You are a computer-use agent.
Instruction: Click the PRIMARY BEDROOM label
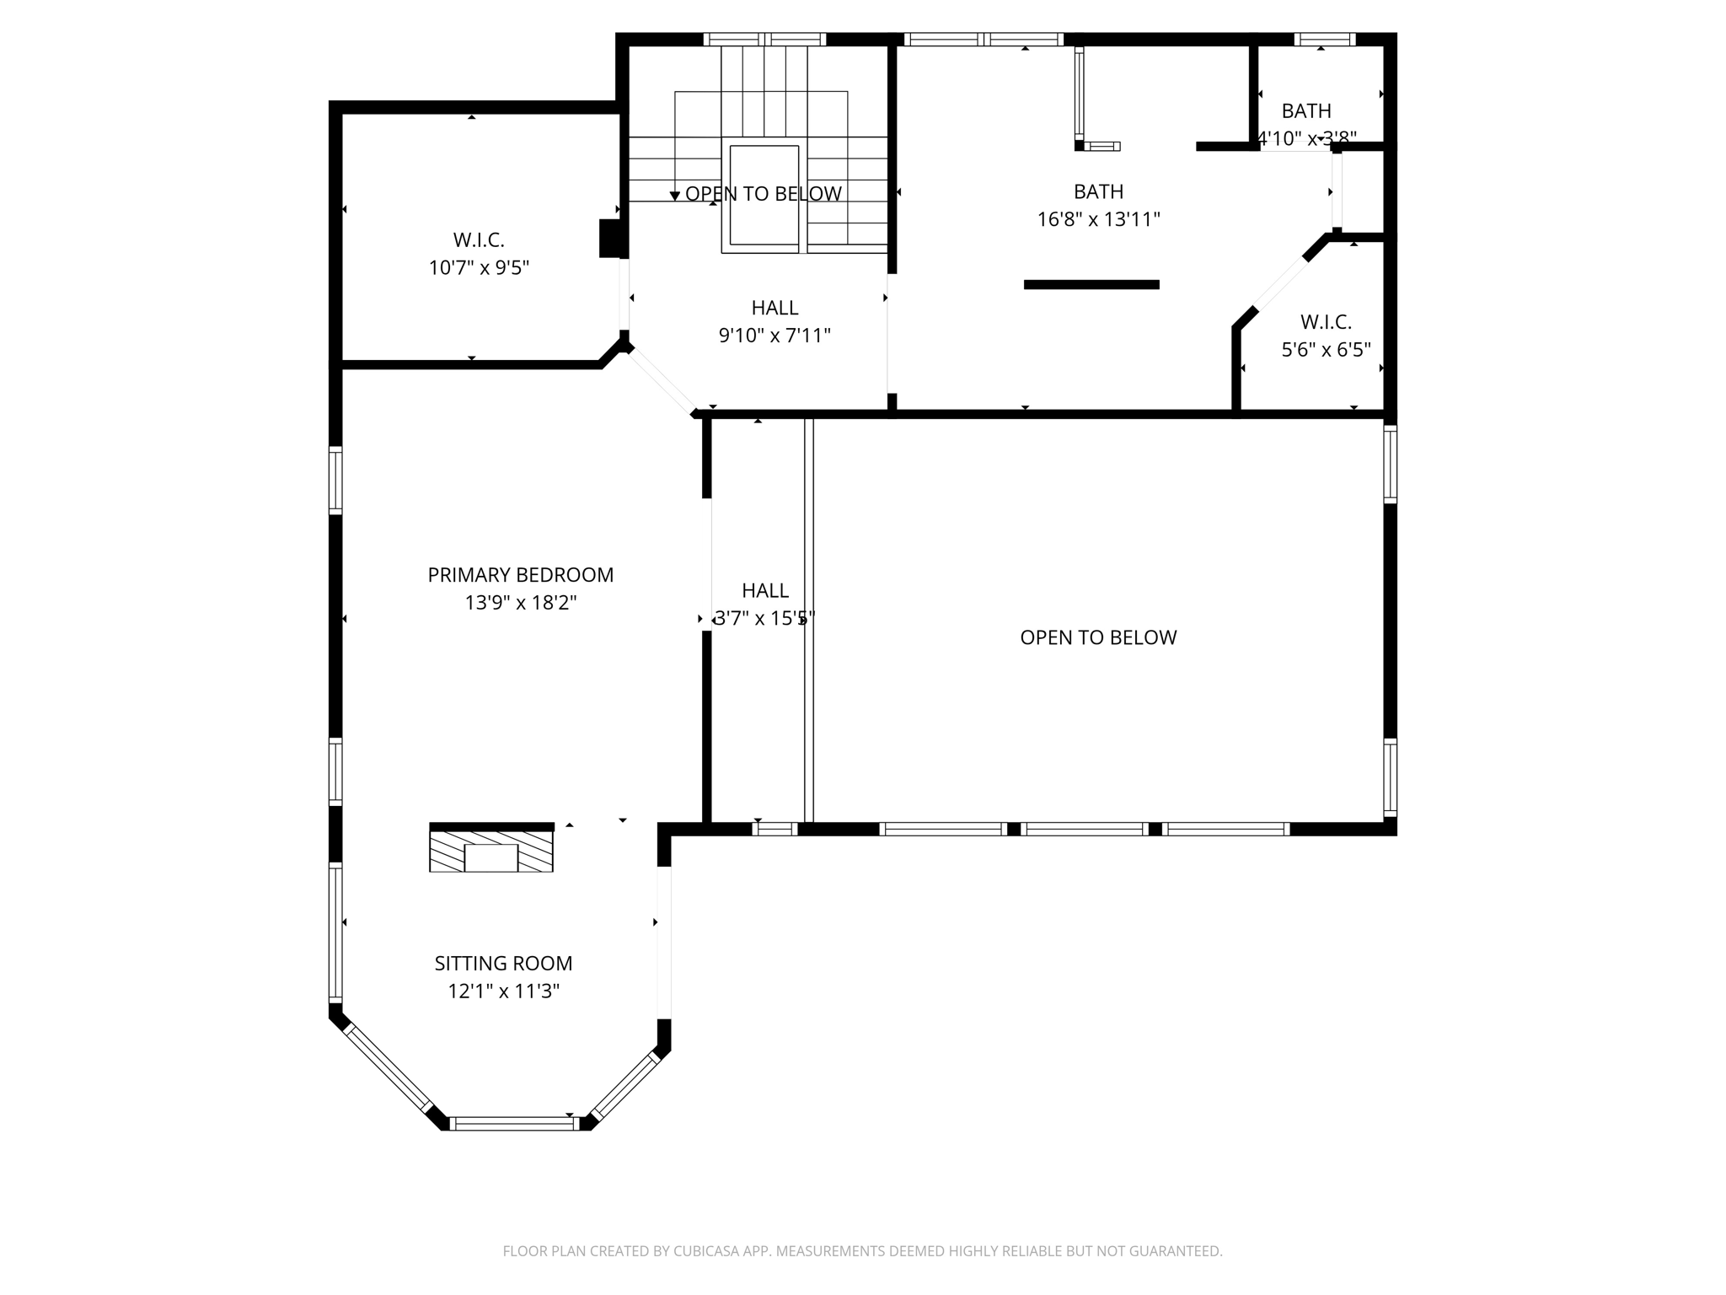(520, 575)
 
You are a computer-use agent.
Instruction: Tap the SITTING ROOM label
(503, 963)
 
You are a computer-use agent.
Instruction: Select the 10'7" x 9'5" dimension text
(479, 268)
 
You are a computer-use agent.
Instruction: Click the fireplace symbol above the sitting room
(491, 852)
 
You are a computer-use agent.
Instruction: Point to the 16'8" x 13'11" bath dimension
(1098, 219)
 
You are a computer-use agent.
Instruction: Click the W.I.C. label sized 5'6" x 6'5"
(1326, 321)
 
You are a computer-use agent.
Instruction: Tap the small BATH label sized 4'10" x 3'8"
(1306, 110)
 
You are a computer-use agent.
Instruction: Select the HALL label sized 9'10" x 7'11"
(775, 308)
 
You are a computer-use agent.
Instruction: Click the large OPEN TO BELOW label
(1098, 637)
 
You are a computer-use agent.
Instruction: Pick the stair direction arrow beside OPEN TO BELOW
(674, 196)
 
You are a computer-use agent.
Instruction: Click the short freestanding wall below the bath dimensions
(1091, 285)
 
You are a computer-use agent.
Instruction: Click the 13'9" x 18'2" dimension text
(520, 603)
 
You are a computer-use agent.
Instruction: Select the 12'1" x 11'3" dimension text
(503, 991)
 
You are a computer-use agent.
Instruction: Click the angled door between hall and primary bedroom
(662, 380)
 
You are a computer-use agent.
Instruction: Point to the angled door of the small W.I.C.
(1280, 284)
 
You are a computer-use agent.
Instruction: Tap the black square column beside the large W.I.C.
(609, 238)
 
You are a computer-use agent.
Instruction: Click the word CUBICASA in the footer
(705, 1251)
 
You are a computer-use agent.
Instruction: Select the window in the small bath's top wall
(1324, 39)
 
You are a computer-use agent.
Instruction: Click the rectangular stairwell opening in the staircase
(764, 196)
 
